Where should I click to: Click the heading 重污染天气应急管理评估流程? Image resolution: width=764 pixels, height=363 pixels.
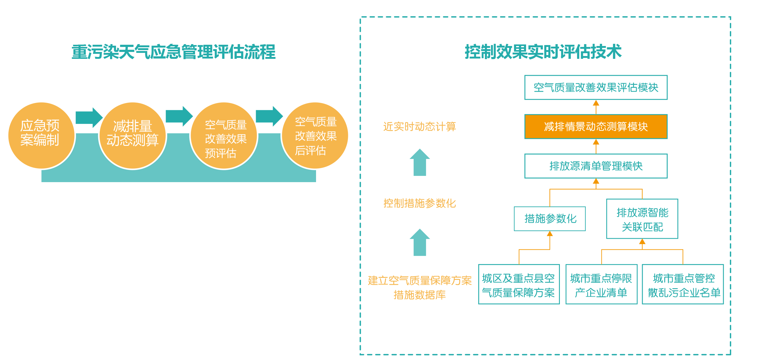174,52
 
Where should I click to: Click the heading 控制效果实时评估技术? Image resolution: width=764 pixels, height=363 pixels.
543,52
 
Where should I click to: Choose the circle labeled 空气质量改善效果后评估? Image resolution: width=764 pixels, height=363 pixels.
315,135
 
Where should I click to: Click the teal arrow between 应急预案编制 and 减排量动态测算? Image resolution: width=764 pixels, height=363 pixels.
89,118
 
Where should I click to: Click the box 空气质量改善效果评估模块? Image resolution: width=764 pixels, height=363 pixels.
596,88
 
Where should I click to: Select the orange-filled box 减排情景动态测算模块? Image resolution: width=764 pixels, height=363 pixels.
596,127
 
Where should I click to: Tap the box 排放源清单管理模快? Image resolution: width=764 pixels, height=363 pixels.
596,166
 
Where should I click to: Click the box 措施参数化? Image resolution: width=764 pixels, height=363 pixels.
550,219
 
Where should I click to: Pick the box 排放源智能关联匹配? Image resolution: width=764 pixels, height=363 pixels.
642,219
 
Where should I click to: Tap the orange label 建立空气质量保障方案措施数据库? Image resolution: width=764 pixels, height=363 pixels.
420,287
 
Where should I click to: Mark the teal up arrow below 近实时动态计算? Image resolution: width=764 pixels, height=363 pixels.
420,162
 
